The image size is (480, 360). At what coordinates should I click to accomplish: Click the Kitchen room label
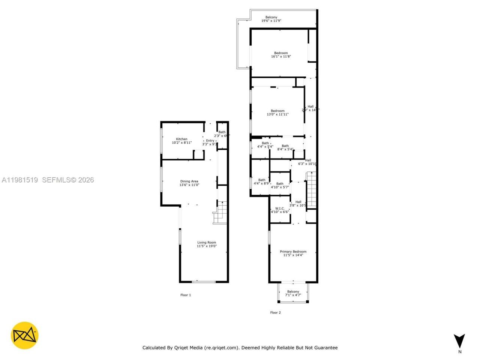[181, 141]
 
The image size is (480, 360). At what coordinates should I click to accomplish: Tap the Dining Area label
[189, 183]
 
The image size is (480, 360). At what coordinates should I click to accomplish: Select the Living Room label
[207, 244]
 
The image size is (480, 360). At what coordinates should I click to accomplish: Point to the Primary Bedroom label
[293, 253]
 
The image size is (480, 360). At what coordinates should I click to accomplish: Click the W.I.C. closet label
[280, 210]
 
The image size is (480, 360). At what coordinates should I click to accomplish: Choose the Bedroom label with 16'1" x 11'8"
[281, 55]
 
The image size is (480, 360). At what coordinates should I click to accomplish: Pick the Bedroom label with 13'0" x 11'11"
[277, 112]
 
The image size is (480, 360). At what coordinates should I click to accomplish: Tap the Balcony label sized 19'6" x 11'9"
[271, 19]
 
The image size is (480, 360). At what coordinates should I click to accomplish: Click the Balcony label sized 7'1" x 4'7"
[293, 293]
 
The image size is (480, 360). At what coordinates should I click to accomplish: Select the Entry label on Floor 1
[210, 142]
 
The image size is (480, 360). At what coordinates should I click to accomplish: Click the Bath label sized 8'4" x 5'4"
[285, 147]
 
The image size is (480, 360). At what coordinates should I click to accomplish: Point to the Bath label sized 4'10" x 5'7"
[280, 185]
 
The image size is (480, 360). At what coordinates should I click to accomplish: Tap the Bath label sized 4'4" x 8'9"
[261, 182]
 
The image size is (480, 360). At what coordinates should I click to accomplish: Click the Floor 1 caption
[186, 295]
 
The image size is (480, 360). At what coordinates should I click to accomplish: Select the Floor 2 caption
[275, 312]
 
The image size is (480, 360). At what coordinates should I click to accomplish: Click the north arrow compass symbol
[459, 341]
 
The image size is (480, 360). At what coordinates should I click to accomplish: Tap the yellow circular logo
[24, 335]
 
